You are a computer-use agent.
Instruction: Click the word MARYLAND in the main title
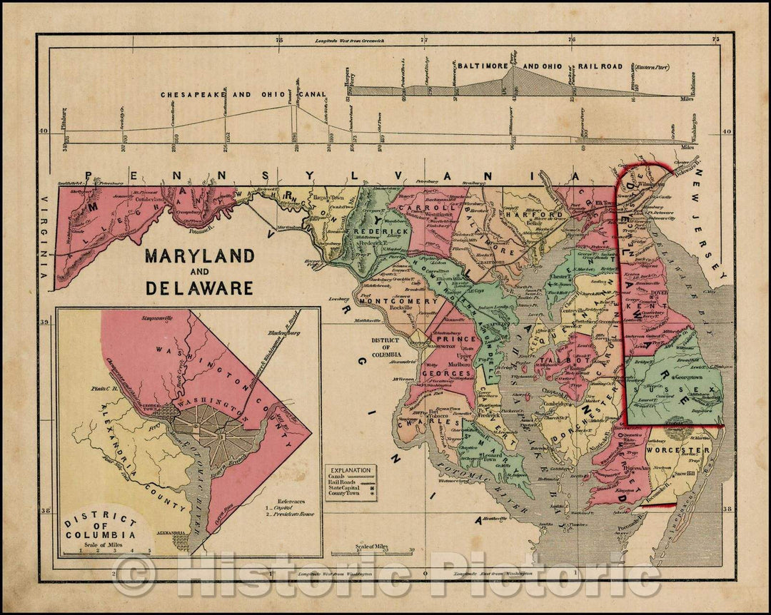click(x=199, y=256)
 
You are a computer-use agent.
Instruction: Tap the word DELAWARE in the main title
click(x=199, y=288)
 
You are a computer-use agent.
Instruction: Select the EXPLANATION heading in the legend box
click(x=350, y=471)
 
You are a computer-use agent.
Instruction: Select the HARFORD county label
click(x=525, y=214)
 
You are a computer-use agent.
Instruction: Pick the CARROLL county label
click(x=416, y=208)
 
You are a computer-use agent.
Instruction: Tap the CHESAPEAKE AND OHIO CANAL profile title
click(x=243, y=94)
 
